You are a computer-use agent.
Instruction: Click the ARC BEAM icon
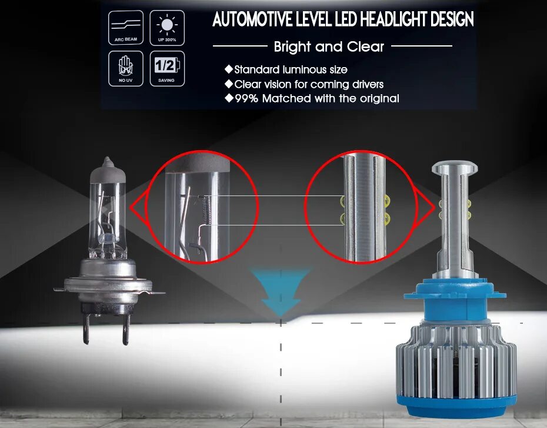click(x=125, y=28)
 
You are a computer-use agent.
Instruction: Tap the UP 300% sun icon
click(x=166, y=28)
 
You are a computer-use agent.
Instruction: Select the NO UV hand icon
click(x=125, y=68)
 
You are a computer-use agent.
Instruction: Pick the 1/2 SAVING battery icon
click(x=166, y=68)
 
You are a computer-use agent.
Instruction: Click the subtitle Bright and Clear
click(x=329, y=47)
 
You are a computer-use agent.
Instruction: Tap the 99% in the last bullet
click(x=246, y=98)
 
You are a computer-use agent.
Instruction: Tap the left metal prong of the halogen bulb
click(x=86, y=330)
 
